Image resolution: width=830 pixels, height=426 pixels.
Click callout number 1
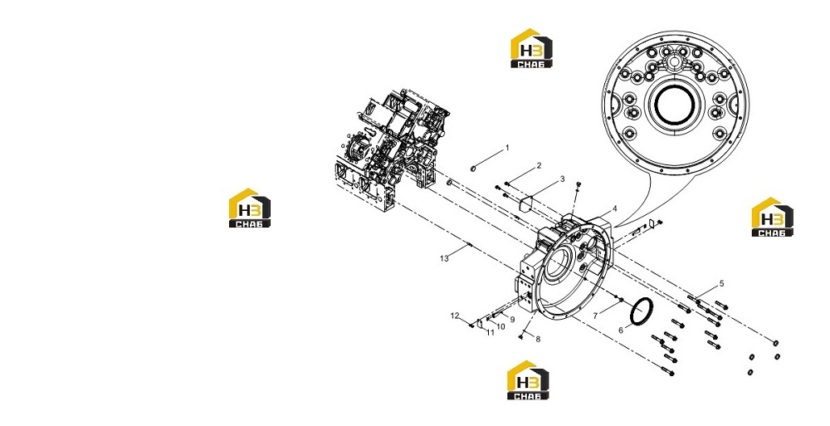tap(506, 148)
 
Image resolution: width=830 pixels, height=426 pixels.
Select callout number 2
tap(539, 166)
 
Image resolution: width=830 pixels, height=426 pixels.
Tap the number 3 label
tap(563, 179)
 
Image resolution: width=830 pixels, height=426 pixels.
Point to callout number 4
tap(614, 208)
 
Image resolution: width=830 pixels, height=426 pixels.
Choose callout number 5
tap(721, 284)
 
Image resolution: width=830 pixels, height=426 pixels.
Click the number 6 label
tap(621, 331)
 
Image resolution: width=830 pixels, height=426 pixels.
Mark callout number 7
tap(595, 316)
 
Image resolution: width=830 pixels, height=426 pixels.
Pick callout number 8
tap(539, 339)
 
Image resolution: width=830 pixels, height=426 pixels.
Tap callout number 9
tap(512, 320)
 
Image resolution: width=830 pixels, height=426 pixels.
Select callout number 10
tap(500, 326)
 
